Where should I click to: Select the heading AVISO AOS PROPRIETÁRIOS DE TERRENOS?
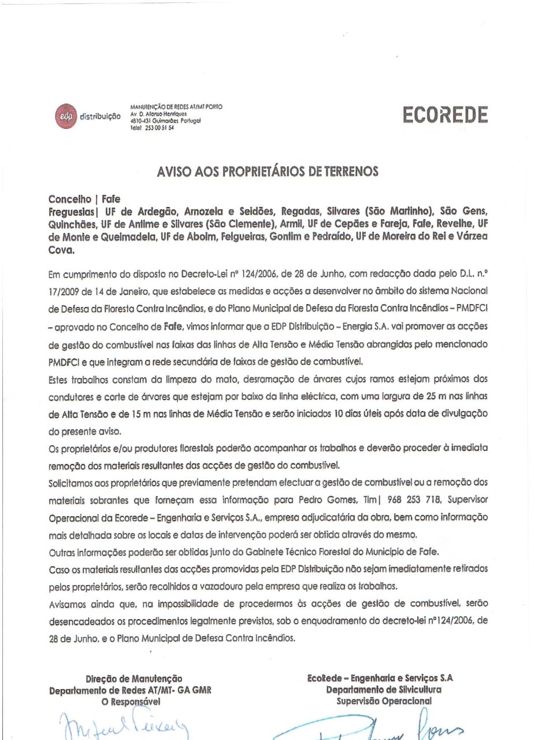point(268,172)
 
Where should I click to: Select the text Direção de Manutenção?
point(133,678)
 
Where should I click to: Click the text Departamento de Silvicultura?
point(384,689)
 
